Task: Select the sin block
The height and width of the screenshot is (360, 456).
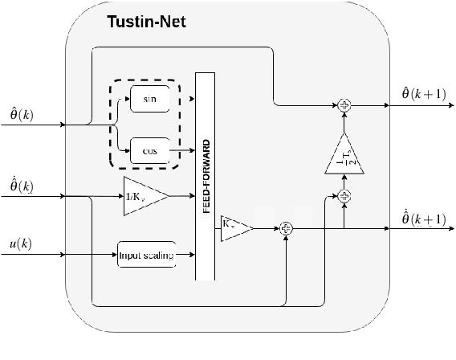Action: point(149,100)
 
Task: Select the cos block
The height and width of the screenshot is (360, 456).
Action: point(149,150)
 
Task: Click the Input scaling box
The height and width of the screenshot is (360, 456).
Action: point(145,255)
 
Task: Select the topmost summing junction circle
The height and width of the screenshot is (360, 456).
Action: point(344,104)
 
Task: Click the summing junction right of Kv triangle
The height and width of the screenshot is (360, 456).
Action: point(286,229)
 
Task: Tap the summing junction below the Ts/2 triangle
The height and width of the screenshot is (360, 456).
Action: point(344,194)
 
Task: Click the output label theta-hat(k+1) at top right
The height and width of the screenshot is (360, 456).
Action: point(423,93)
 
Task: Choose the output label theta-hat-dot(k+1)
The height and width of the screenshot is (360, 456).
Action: point(423,218)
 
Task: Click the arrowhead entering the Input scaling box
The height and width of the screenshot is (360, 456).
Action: point(113,255)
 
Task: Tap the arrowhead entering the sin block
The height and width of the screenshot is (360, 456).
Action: point(127,100)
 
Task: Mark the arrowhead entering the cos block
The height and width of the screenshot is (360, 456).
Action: point(127,150)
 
